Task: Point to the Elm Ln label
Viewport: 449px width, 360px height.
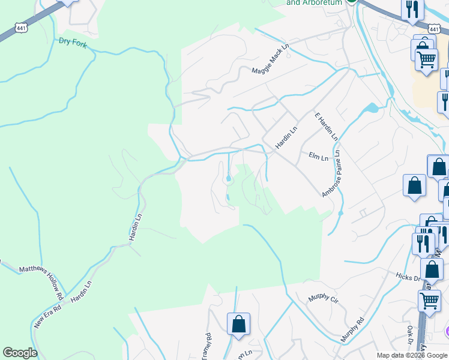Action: (318, 157)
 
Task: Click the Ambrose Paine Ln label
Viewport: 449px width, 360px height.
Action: (331, 174)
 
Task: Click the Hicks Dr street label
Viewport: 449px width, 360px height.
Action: (409, 275)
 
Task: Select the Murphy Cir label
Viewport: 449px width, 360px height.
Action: (323, 299)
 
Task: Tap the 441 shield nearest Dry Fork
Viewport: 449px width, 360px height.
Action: (21, 28)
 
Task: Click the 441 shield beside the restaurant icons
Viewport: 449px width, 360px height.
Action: (435, 29)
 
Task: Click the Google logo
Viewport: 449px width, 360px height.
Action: (20, 353)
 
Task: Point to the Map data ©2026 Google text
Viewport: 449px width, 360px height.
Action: (412, 355)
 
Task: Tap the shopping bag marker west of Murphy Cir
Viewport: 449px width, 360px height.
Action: (238, 323)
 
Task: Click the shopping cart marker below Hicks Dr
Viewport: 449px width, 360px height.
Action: (429, 299)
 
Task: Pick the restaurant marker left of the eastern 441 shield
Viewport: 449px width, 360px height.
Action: (412, 8)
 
